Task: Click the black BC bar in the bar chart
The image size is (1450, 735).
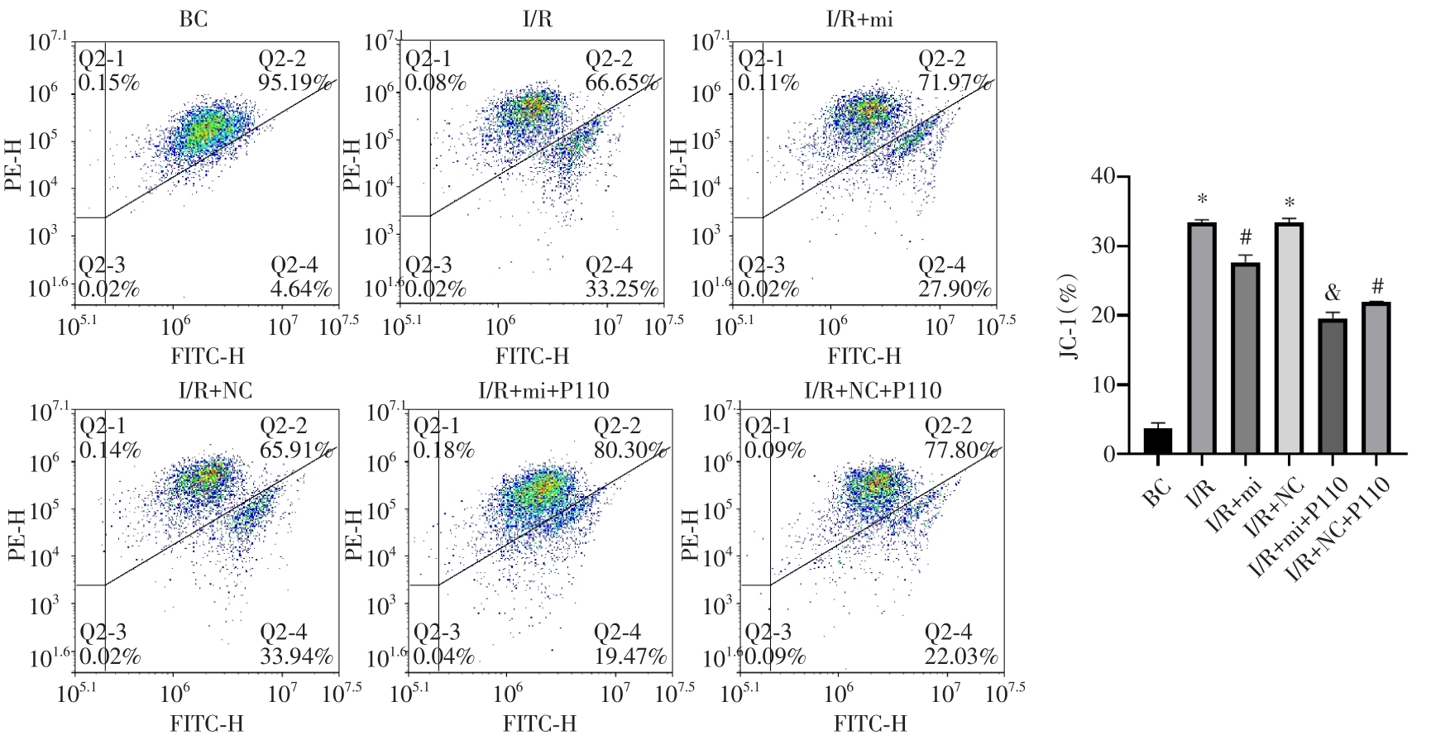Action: (x=1157, y=441)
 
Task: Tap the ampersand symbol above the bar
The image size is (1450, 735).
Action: (x=1332, y=294)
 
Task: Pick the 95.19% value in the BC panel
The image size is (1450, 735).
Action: (x=295, y=84)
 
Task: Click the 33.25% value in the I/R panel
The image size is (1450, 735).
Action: (x=622, y=289)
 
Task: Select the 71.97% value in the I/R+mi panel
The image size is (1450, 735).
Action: (x=955, y=83)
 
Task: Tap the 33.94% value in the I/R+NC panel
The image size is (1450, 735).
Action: (x=296, y=656)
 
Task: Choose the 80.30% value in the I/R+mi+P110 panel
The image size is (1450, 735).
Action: (x=630, y=450)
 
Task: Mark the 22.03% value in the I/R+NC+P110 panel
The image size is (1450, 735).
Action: (x=961, y=656)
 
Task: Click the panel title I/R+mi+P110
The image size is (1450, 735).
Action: (x=543, y=389)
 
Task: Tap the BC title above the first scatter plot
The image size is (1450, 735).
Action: (x=194, y=18)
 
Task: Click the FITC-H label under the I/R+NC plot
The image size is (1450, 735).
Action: (x=207, y=723)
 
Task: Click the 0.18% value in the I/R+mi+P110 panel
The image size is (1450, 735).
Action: (x=443, y=450)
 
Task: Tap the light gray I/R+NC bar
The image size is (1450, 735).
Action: (x=1289, y=338)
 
